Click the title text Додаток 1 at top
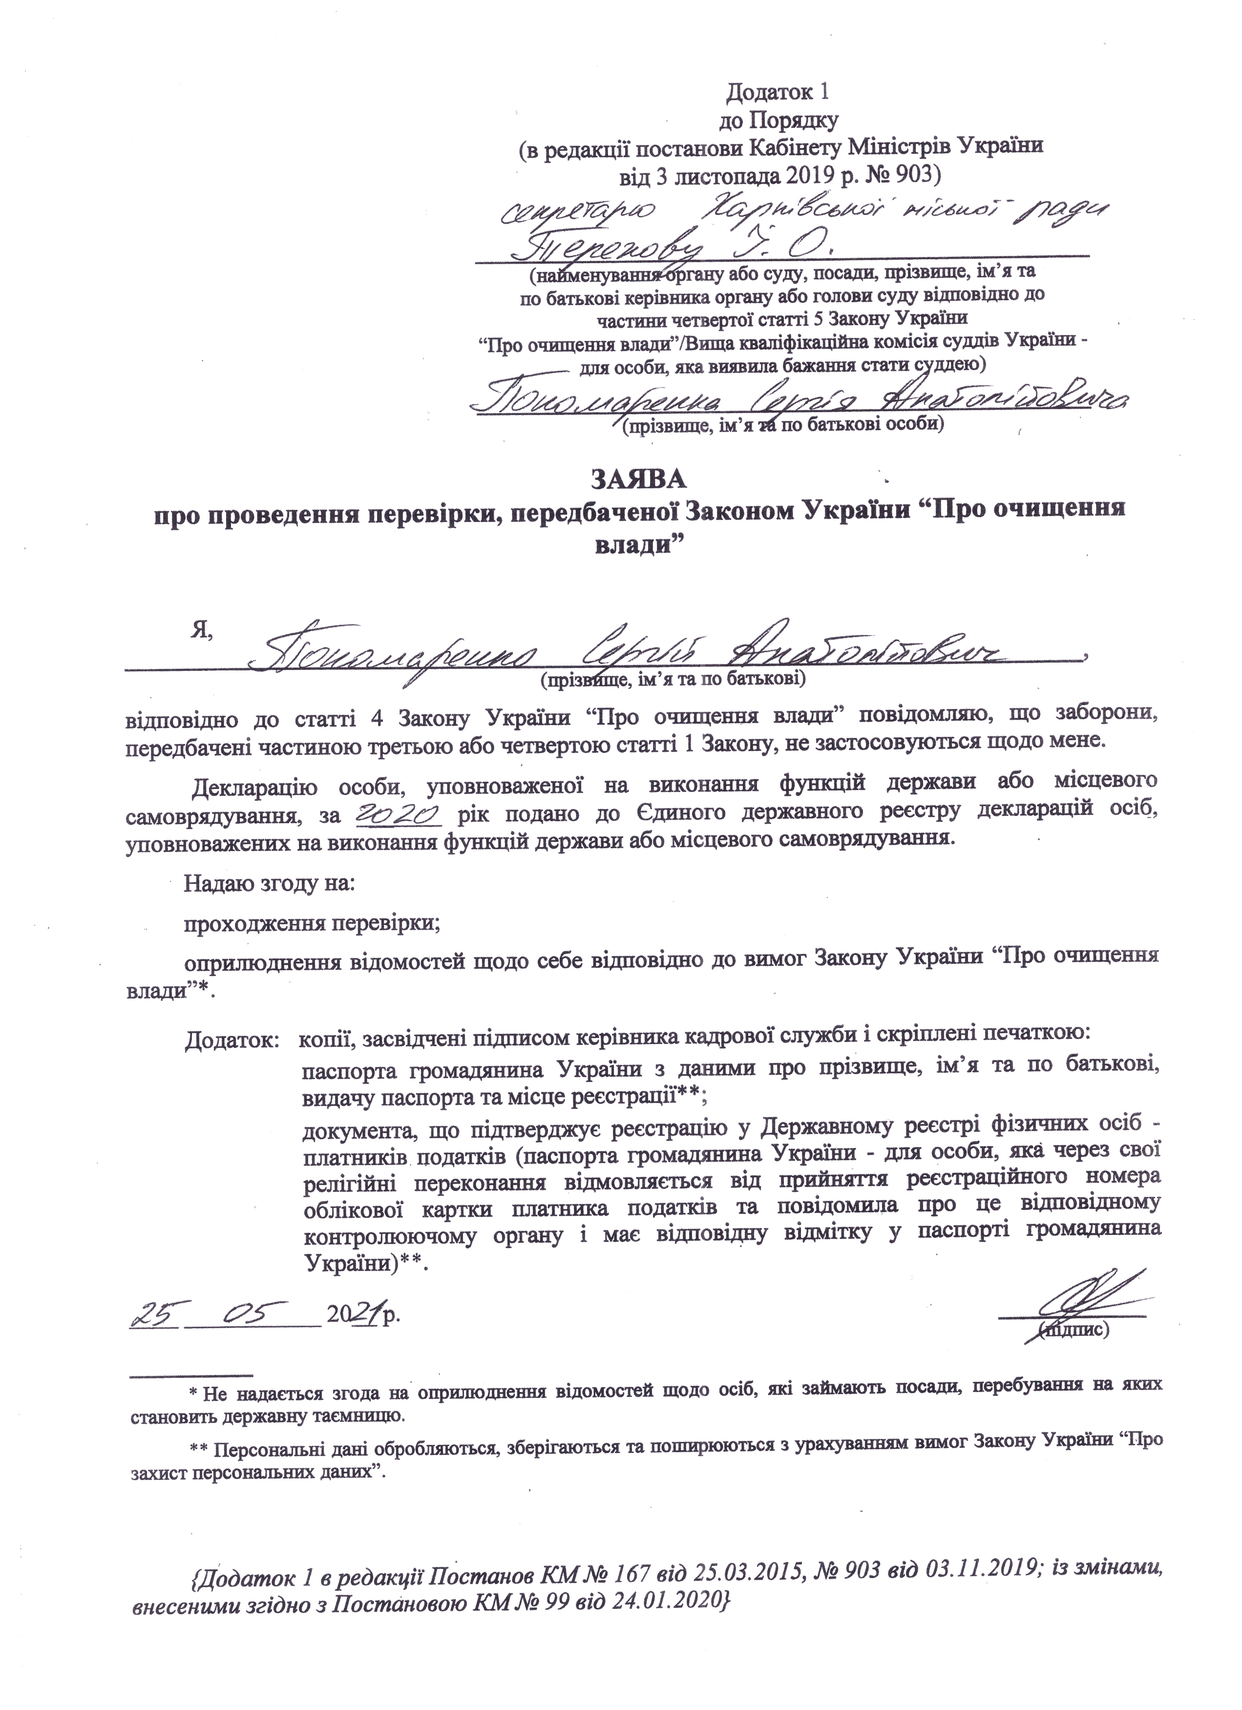[778, 92]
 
